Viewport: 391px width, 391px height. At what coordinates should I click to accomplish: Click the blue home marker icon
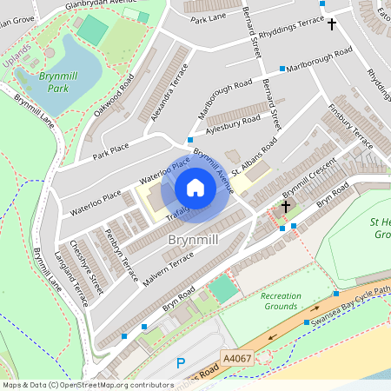[195, 188]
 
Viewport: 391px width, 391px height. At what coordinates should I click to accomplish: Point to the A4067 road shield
[237, 356]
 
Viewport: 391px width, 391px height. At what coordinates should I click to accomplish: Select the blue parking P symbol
[181, 363]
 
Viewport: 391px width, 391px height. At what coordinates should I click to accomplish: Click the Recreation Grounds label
[281, 301]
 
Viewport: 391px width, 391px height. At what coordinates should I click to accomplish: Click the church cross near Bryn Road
[286, 207]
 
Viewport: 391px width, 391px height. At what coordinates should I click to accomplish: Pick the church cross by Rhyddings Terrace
[331, 23]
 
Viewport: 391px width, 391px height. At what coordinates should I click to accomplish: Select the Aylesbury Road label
[232, 125]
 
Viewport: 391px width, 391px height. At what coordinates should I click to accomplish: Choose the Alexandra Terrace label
[169, 89]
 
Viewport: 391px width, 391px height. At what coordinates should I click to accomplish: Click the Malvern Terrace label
[167, 265]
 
